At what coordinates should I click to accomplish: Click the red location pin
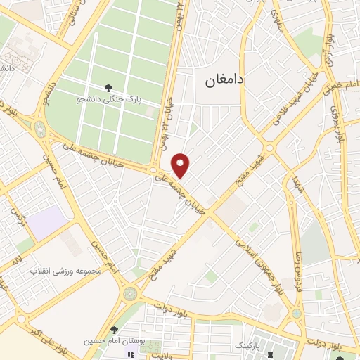click(x=181, y=165)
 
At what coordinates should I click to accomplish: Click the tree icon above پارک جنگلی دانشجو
click(x=108, y=88)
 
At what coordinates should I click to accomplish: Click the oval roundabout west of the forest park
click(x=39, y=129)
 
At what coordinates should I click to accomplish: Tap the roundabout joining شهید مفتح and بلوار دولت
click(x=130, y=292)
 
